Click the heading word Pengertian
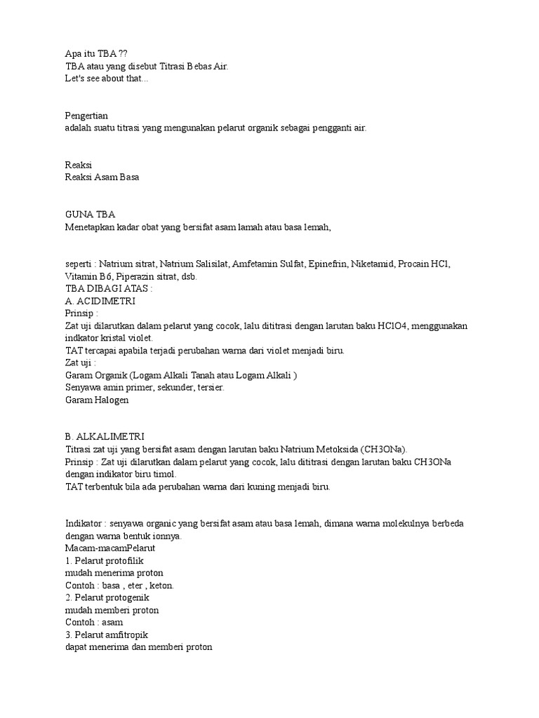click(x=86, y=115)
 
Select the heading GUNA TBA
click(x=90, y=214)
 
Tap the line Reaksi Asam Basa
click(x=102, y=177)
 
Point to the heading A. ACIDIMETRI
click(x=100, y=301)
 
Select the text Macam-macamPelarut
click(x=109, y=548)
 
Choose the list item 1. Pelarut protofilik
click(x=103, y=560)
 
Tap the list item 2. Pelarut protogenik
click(x=107, y=597)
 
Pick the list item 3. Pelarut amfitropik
click(x=107, y=635)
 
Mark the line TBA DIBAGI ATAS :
click(x=108, y=288)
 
